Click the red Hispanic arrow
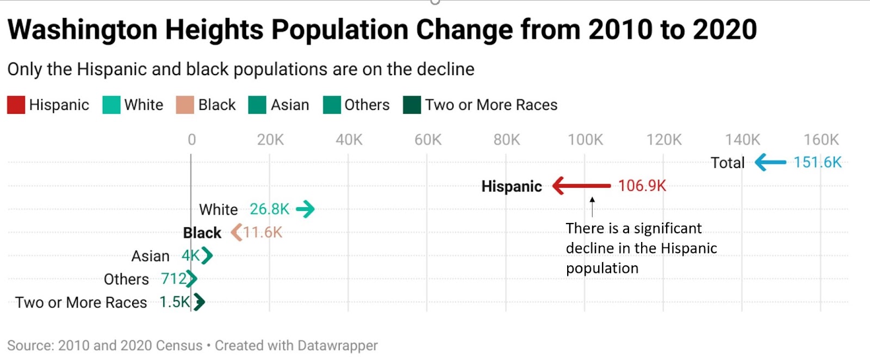click(x=581, y=186)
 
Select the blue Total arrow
click(x=770, y=162)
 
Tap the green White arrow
click(x=305, y=209)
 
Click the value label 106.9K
click(x=642, y=186)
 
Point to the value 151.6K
click(x=817, y=162)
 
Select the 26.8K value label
click(x=269, y=209)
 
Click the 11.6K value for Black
click(x=263, y=233)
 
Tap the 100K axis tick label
click(x=585, y=140)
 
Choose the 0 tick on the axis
click(x=191, y=140)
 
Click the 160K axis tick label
click(x=821, y=140)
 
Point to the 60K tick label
click(x=427, y=140)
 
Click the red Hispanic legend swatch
click(x=16, y=105)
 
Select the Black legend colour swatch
click(x=185, y=105)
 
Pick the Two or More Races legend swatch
click(x=412, y=105)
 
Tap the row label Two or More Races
click(x=81, y=302)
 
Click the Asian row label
click(x=150, y=256)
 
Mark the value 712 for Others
click(x=173, y=279)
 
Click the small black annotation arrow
click(x=592, y=207)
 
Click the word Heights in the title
click(x=214, y=30)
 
